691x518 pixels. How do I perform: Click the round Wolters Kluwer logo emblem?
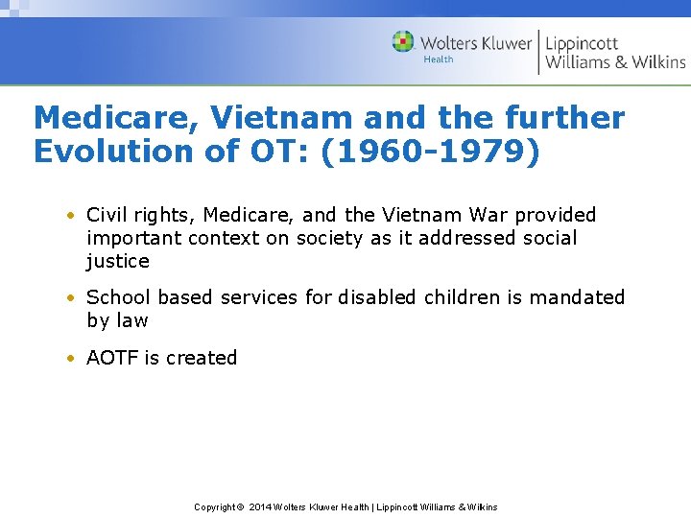[x=403, y=41]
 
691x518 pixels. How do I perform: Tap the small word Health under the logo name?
[x=439, y=59]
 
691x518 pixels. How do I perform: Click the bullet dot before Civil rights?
[x=72, y=216]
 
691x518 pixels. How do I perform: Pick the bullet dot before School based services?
[x=72, y=298]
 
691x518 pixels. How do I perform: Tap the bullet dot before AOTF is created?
[x=72, y=359]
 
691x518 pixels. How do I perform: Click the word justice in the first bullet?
[x=118, y=262]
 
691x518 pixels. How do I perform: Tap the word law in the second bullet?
[x=131, y=320]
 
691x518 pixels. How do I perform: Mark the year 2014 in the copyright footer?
[x=260, y=506]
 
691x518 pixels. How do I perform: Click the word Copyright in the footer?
[x=214, y=506]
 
